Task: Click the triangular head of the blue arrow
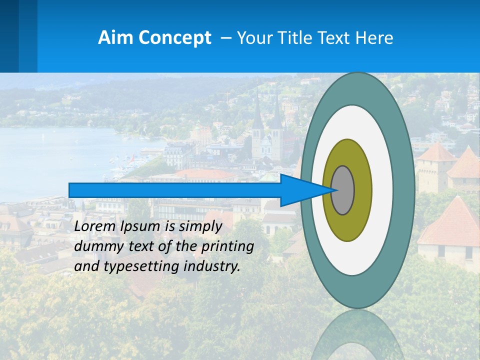(300, 190)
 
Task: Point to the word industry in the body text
(212, 266)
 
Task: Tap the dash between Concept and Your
(225, 38)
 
